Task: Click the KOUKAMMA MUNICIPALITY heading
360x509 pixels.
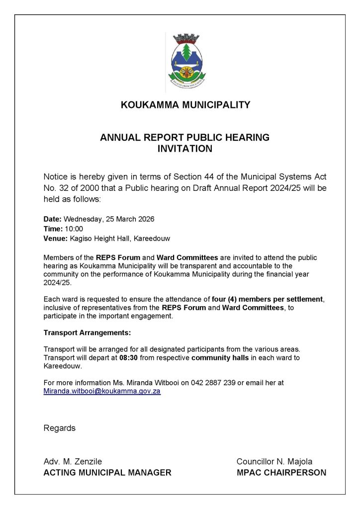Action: (x=185, y=105)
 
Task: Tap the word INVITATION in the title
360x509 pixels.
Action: (x=185, y=149)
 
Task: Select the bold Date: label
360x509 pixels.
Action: (x=53, y=219)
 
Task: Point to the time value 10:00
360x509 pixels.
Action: (x=73, y=229)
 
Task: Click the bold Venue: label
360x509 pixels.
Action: (x=55, y=239)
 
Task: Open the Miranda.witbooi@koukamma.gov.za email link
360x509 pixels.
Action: (x=102, y=392)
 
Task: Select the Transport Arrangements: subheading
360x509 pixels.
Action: (x=87, y=333)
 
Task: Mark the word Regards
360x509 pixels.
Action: (x=60, y=428)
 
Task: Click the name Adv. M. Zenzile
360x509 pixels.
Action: (x=73, y=462)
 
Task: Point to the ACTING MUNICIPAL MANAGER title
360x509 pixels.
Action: (x=107, y=473)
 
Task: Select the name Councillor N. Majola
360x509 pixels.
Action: (x=274, y=462)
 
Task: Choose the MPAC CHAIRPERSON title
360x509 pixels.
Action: (x=281, y=473)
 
